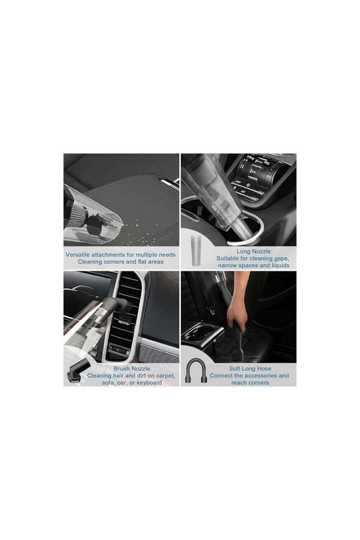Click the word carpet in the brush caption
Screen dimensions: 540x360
(163, 376)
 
